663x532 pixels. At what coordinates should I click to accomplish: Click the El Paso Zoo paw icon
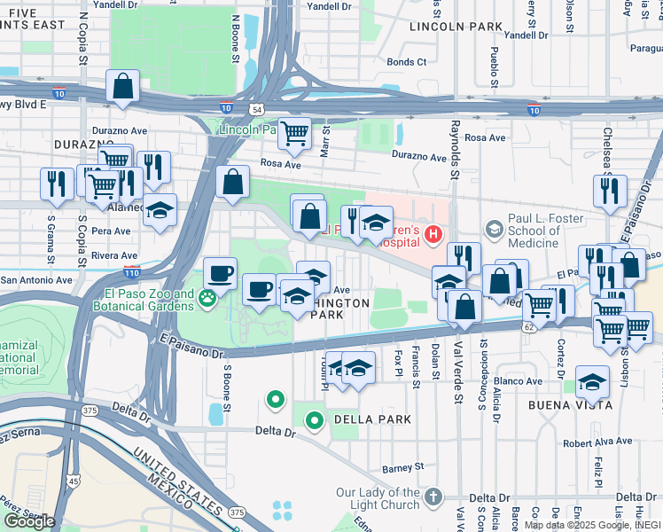207,299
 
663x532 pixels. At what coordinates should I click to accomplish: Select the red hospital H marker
433,235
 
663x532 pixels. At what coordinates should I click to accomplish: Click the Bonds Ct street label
407,62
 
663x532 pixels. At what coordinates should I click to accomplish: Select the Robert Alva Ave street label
598,441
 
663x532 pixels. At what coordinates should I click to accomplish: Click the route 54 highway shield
255,108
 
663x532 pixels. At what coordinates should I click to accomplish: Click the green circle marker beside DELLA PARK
314,420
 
